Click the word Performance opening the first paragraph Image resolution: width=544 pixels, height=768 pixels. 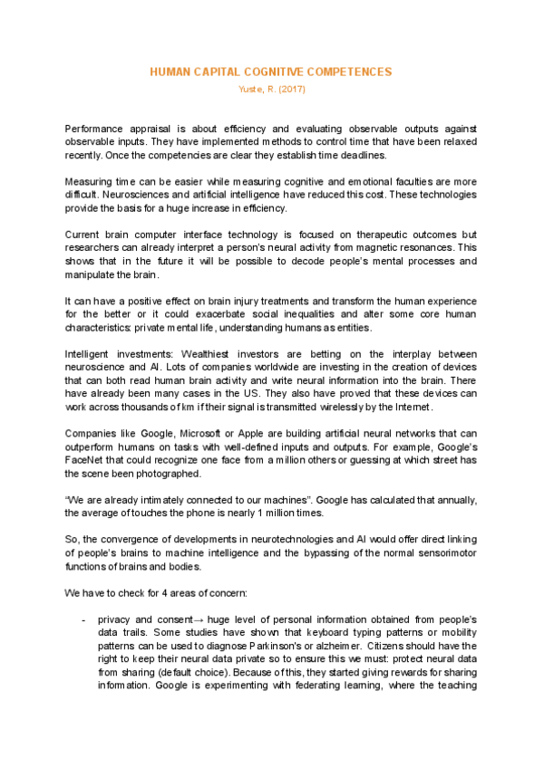click(96, 130)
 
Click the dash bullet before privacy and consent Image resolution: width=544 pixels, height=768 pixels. click(83, 619)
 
